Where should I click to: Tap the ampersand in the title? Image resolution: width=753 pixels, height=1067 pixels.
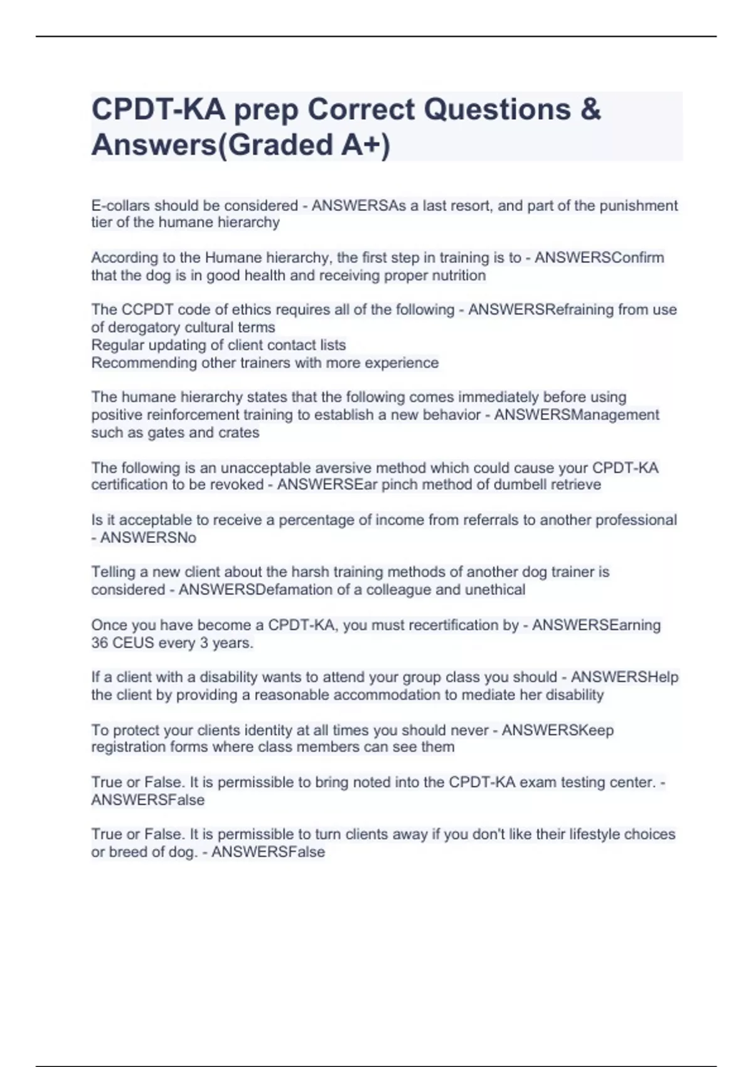point(590,110)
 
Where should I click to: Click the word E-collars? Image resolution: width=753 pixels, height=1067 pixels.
point(120,206)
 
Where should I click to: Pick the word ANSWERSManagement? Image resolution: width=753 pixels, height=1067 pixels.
point(576,415)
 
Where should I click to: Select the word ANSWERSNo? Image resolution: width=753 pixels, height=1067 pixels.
point(148,538)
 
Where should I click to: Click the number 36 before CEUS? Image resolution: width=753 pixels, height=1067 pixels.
point(100,643)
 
